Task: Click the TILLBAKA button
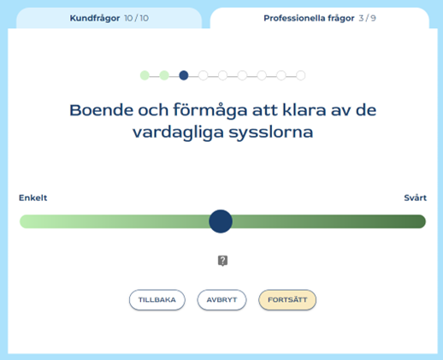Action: (157, 300)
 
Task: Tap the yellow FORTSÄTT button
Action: (287, 300)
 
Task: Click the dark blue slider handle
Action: (221, 221)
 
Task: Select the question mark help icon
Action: (222, 261)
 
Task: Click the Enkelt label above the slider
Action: (32, 198)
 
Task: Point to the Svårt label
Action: (415, 198)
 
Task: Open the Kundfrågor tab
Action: (109, 18)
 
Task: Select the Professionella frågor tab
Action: (320, 18)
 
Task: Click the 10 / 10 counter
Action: (137, 18)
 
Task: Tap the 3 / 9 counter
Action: (368, 18)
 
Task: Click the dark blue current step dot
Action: (184, 75)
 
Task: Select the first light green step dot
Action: (145, 75)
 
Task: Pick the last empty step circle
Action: (301, 75)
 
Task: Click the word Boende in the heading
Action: (101, 110)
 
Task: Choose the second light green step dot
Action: (164, 75)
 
